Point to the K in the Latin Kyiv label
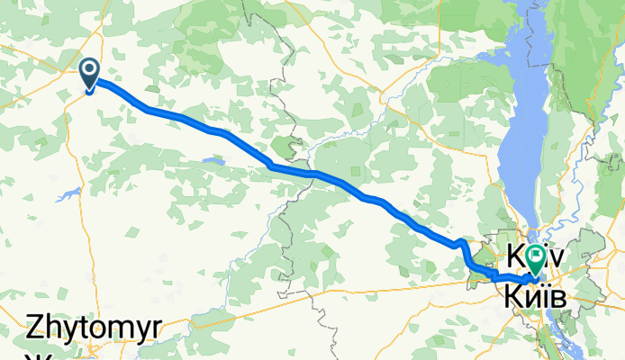coord(516,255)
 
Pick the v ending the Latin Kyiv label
coord(557,256)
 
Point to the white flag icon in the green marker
coord(536,255)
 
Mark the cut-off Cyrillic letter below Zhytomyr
coord(39,356)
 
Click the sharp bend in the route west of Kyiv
coord(463,243)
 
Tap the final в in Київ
coord(558,294)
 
